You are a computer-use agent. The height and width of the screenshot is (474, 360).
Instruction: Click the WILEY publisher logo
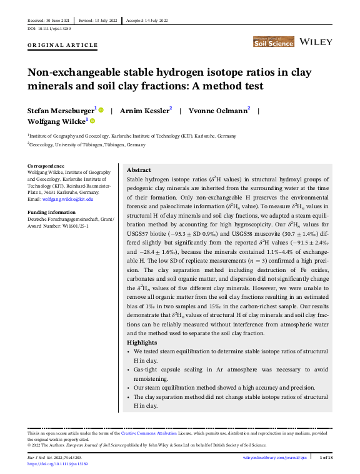(x=316, y=42)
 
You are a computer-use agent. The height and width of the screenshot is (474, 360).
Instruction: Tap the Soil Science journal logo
(x=273, y=42)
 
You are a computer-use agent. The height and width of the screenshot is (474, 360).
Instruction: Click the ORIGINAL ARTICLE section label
(x=63, y=45)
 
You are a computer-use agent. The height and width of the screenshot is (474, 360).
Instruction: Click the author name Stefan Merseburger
(x=60, y=110)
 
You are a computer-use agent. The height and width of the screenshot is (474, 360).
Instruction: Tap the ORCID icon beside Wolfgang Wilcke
(x=92, y=121)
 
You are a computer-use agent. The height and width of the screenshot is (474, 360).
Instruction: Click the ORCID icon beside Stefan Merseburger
(x=101, y=110)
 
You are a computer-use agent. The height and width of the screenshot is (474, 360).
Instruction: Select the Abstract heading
(x=139, y=170)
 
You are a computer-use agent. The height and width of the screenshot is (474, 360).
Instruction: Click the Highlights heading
(x=142, y=343)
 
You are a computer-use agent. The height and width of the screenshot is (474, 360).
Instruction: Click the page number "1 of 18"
(x=326, y=458)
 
